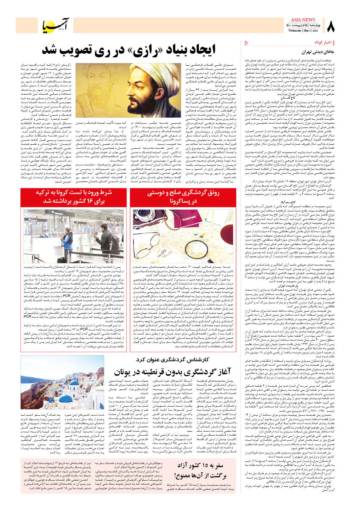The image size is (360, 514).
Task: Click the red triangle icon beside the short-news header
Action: [247, 43]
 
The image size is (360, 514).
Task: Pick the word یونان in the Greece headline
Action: [123, 372]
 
